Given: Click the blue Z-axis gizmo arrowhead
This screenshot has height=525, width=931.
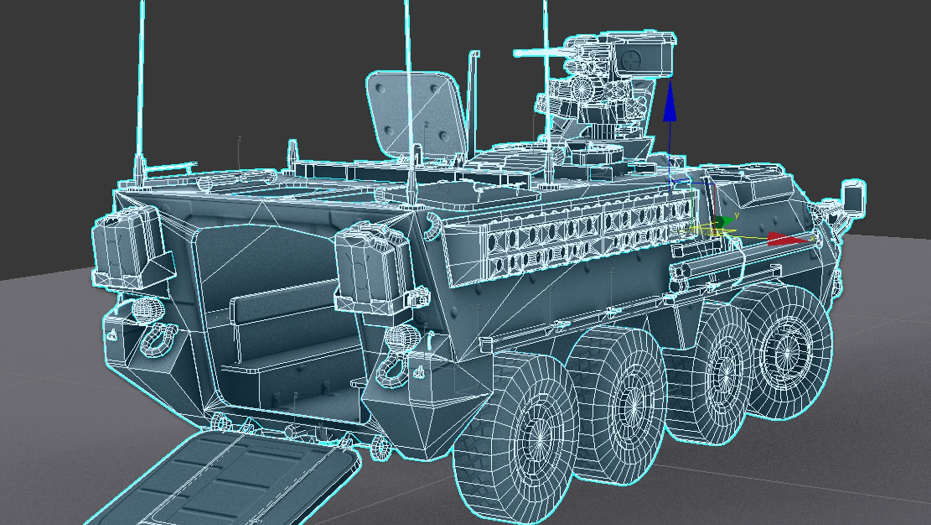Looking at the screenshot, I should pyautogui.click(x=670, y=103).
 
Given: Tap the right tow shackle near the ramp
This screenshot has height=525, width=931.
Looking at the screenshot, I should pyautogui.click(x=392, y=369).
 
